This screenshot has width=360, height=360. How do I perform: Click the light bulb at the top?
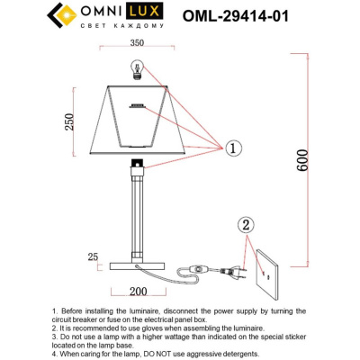click(137, 68)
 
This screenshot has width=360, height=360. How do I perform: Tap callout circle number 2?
click(248, 225)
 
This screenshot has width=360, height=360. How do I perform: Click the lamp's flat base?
click(136, 265)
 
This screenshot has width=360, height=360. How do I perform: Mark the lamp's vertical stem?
click(136, 216)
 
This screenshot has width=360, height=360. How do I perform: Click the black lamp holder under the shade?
click(136, 165)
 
